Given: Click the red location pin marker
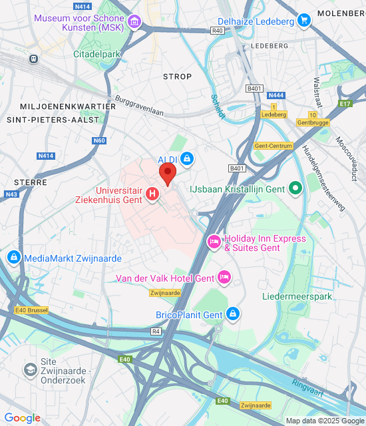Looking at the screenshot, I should pyautogui.click(x=168, y=175).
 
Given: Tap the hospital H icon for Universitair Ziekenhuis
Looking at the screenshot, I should pyautogui.click(x=152, y=194).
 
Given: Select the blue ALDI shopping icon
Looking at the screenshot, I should pyautogui.click(x=187, y=158).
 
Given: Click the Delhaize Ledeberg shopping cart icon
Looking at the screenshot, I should pyautogui.click(x=304, y=21).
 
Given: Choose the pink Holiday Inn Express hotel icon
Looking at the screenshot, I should pyautogui.click(x=214, y=240).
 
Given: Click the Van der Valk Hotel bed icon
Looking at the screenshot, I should pyautogui.click(x=224, y=276).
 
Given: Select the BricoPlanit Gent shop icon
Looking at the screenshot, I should pyautogui.click(x=232, y=314).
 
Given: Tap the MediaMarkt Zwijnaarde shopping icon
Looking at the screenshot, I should pyautogui.click(x=13, y=257).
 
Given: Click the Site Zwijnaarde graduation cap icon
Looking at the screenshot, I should pyautogui.click(x=30, y=369).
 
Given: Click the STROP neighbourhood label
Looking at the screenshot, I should pyautogui.click(x=177, y=77).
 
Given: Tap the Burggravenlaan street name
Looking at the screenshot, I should pyautogui.click(x=140, y=106).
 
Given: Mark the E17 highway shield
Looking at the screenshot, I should pyautogui.click(x=344, y=103).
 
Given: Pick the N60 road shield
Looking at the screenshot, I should pyautogui.click(x=100, y=140).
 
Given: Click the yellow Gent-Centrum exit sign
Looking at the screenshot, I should pyautogui.click(x=274, y=146).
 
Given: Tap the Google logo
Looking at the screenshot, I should pyautogui.click(x=22, y=418).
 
